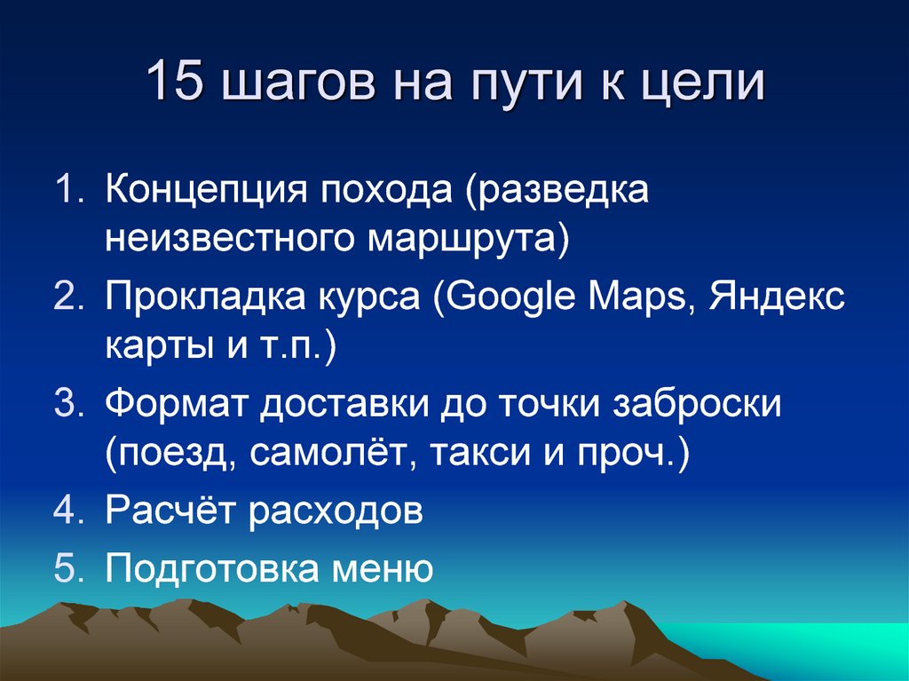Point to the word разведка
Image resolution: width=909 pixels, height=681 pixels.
pos(560,191)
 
